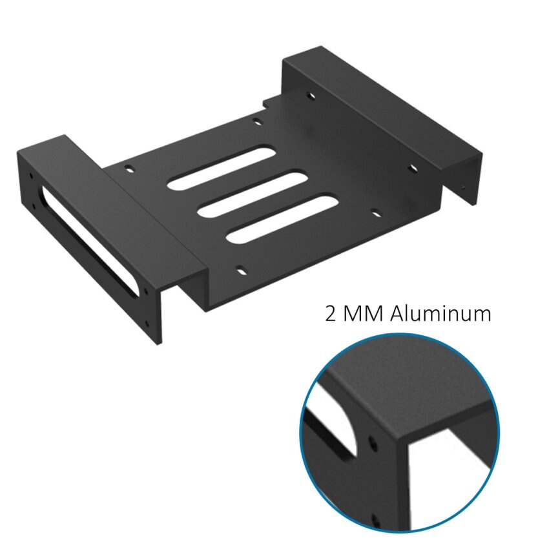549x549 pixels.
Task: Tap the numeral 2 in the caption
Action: point(331,315)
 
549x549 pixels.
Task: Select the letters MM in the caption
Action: point(364,315)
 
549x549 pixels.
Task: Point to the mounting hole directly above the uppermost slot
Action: point(257,120)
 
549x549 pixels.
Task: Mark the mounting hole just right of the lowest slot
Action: point(373,212)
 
